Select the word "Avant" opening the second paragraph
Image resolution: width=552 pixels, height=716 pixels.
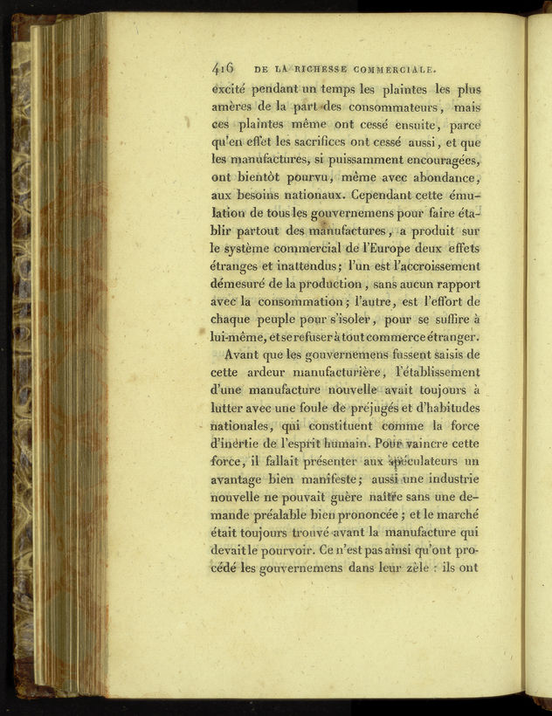[x=244, y=355]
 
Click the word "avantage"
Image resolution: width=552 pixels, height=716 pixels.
[x=243, y=480]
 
